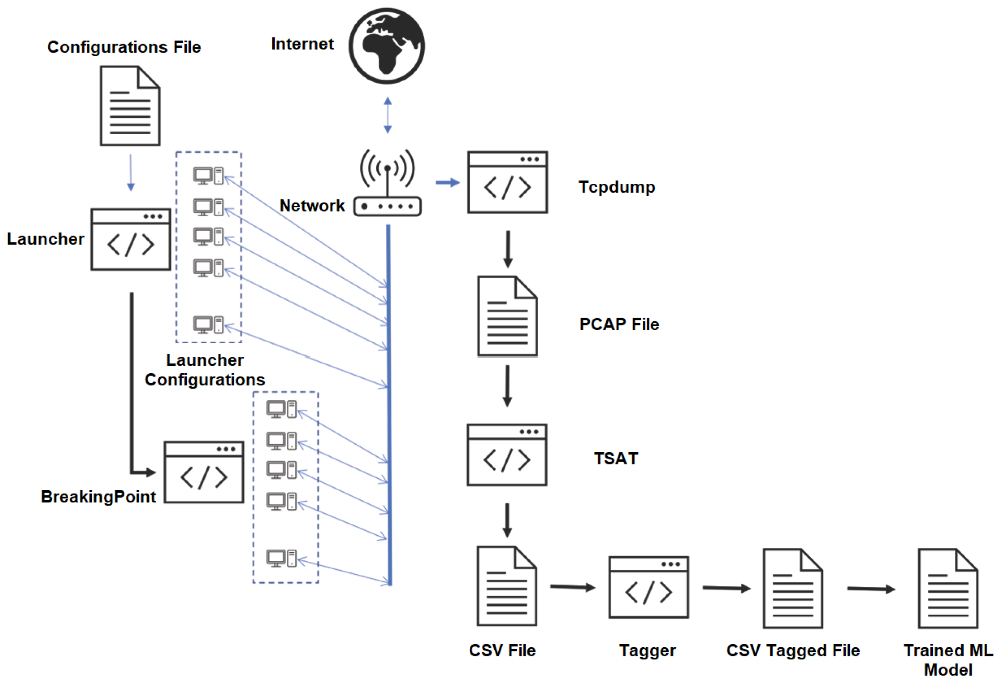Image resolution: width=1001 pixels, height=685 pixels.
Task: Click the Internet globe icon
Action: coord(387,46)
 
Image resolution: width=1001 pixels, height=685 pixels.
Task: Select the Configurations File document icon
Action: coord(130,106)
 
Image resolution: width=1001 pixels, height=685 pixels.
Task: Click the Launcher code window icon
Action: coord(131,239)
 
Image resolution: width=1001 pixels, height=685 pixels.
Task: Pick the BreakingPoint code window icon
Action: coord(204,472)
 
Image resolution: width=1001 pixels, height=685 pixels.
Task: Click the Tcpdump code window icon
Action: coord(507,182)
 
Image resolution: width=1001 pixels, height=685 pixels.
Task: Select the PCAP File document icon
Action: coord(507,317)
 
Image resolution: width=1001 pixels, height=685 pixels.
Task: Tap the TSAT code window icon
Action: coord(507,455)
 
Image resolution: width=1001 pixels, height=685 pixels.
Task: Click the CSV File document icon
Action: coord(507,586)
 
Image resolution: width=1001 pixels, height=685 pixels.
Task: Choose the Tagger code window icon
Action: coord(648,587)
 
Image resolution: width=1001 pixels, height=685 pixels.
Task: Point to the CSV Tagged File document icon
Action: coord(793,588)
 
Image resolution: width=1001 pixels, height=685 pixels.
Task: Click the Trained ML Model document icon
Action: coord(948,588)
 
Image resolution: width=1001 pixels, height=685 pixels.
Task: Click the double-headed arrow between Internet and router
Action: coord(388,115)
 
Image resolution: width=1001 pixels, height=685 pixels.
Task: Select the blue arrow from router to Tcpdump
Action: coord(447,183)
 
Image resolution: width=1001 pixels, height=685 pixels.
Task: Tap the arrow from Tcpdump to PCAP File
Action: coord(508,249)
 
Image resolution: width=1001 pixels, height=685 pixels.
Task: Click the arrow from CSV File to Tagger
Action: coord(573,587)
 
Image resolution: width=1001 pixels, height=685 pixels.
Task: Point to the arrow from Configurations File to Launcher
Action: coord(131,172)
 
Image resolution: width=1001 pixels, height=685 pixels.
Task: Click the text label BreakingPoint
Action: coord(98,497)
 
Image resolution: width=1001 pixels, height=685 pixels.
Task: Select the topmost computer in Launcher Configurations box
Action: coord(208,176)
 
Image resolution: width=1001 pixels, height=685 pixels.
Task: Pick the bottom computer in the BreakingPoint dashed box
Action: coord(281,558)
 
